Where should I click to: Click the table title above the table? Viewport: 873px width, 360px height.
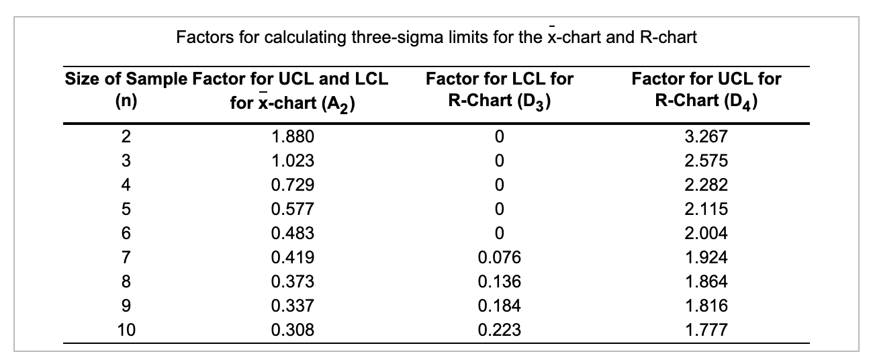coord(436,38)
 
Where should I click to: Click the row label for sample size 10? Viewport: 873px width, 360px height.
coord(125,330)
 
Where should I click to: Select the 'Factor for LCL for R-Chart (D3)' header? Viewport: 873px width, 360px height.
coord(499,89)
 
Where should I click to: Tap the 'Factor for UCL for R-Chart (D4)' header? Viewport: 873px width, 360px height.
coord(707,89)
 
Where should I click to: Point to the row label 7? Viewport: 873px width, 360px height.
coord(125,257)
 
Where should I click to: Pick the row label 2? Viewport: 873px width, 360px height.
coord(125,137)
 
